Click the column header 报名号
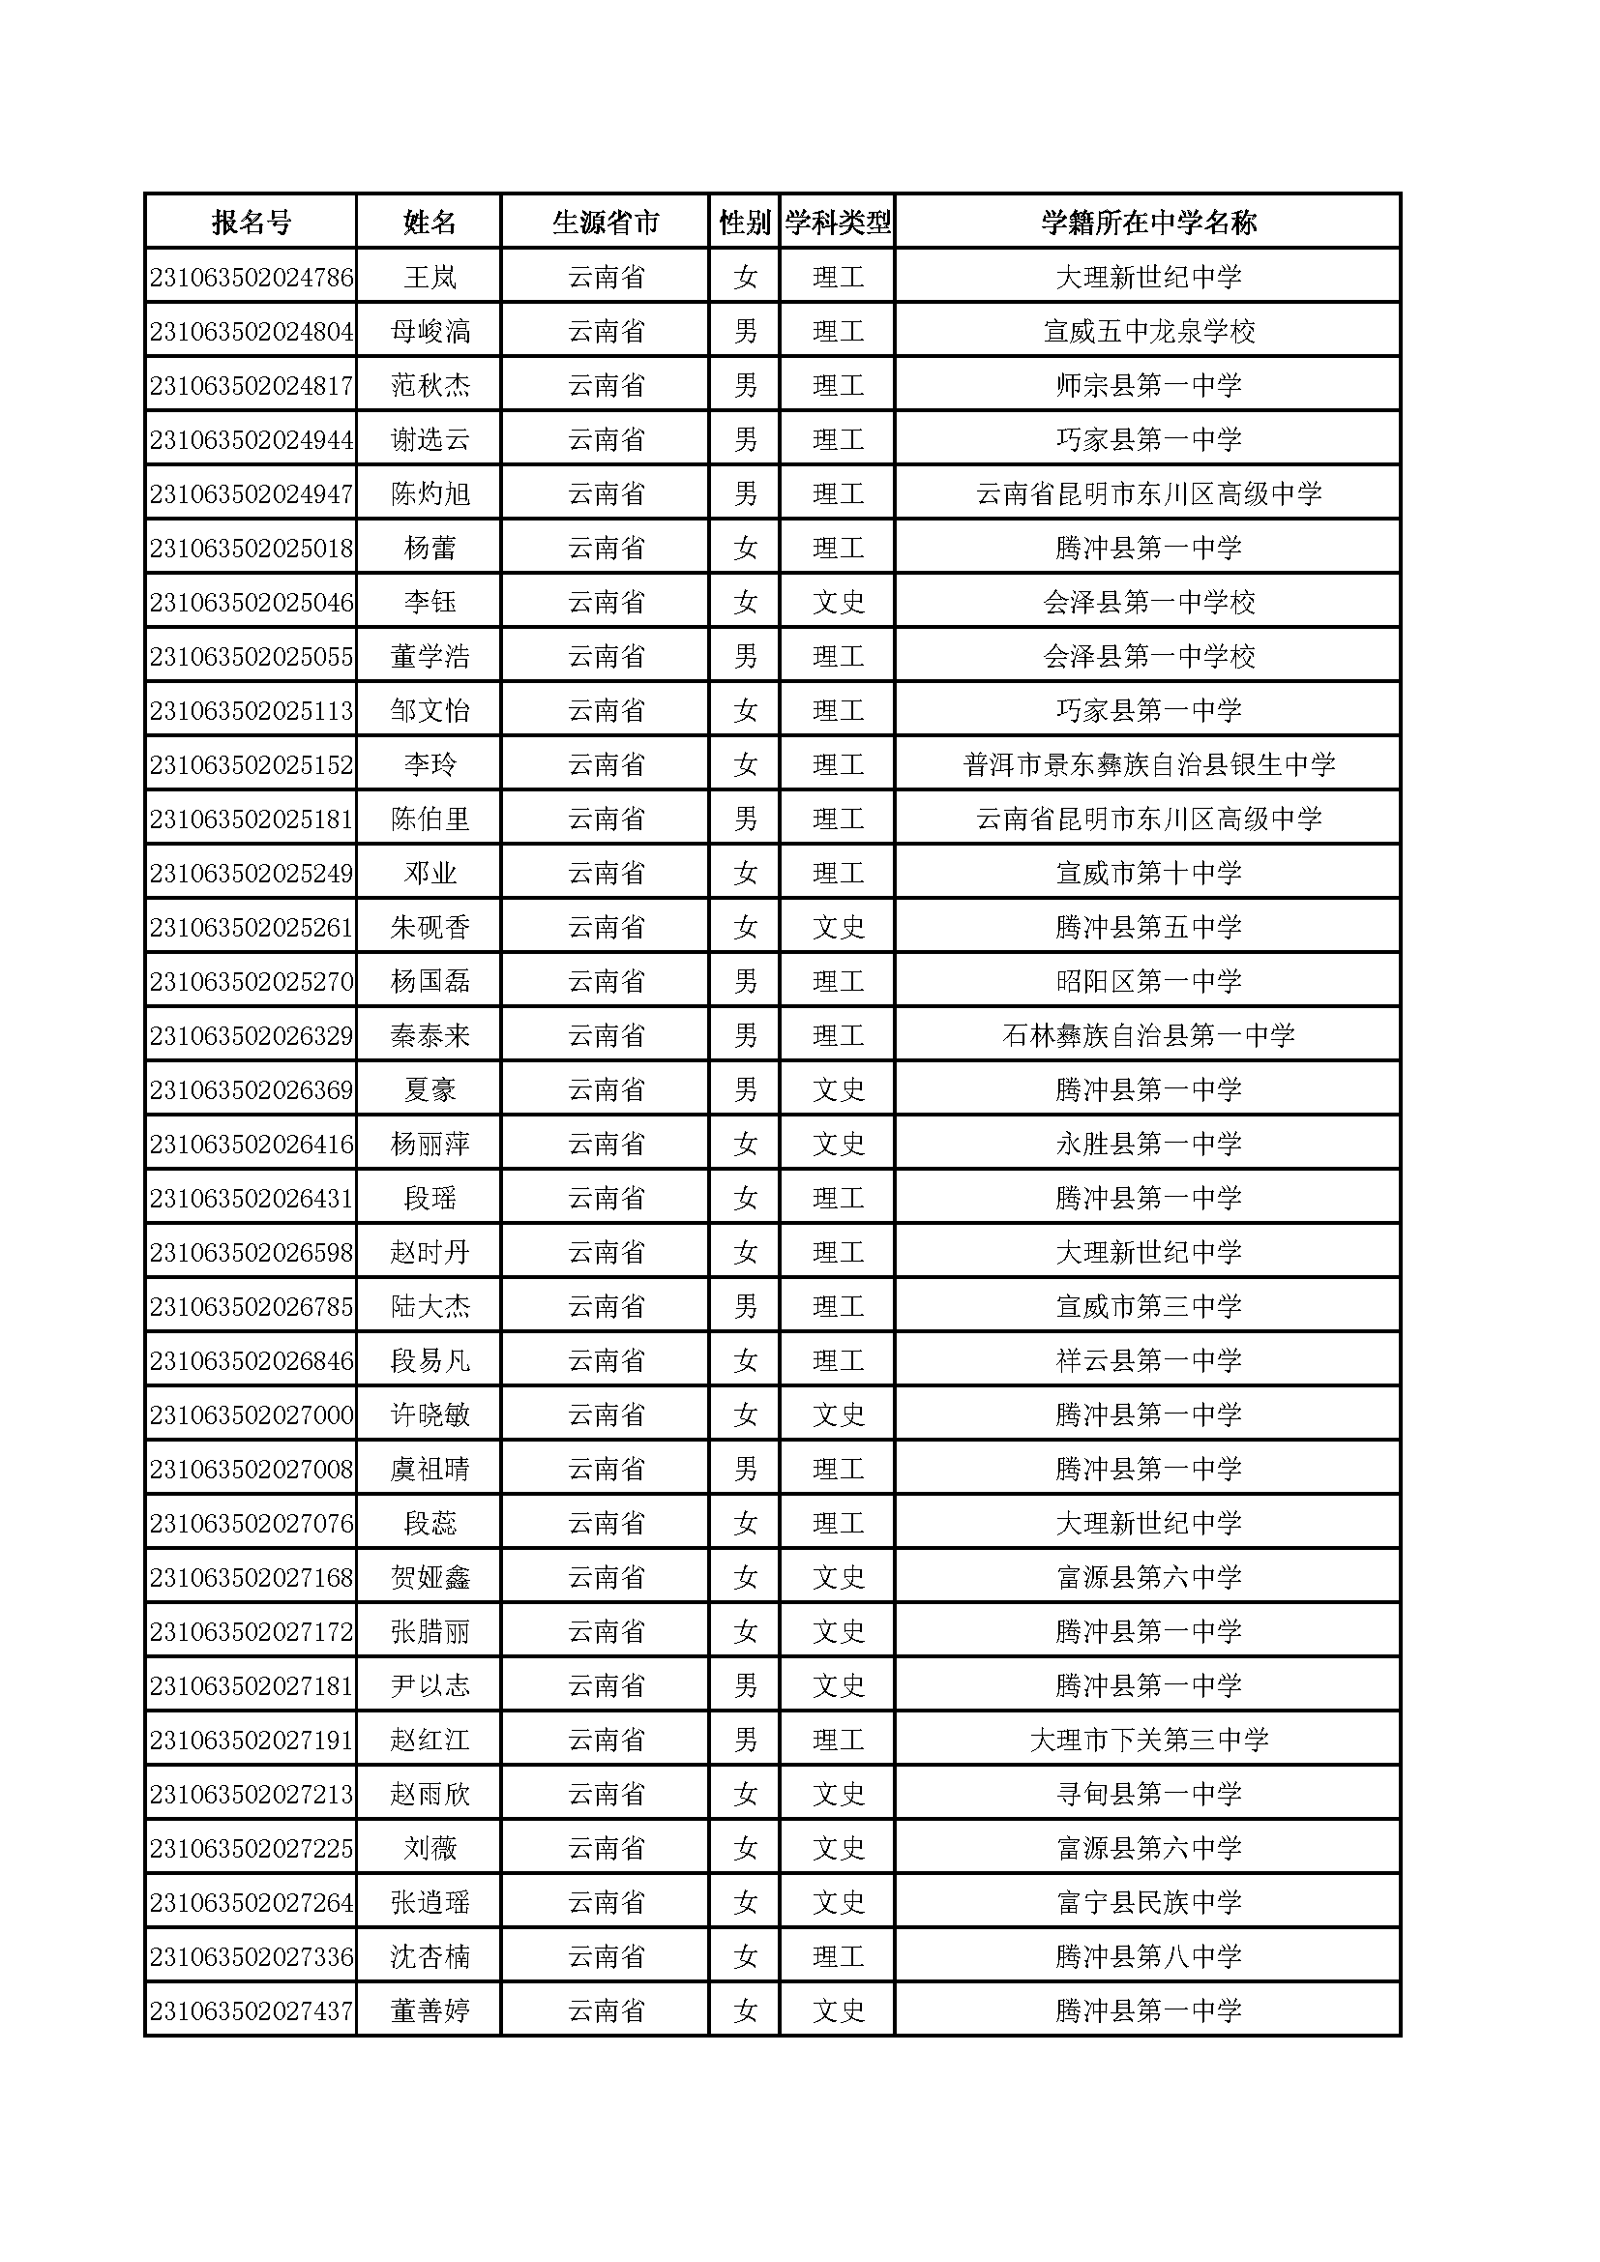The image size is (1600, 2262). (252, 222)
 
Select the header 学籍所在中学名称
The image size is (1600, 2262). (1148, 222)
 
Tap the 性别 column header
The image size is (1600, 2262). (744, 222)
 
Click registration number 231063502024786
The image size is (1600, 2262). (252, 277)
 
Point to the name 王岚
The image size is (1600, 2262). (430, 277)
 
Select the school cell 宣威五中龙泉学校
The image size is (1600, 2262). (1148, 331)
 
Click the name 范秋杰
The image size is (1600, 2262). (430, 385)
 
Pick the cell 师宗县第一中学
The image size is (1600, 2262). (1148, 385)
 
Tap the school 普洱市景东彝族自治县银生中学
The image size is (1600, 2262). (1148, 764)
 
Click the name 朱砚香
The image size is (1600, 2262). (430, 927)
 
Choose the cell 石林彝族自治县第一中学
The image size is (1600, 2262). (1148, 1035)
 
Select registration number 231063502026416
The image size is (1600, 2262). (252, 1144)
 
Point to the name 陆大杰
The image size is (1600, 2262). (430, 1306)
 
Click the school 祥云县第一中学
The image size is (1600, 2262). (1148, 1360)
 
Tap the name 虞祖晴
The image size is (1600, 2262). (430, 1469)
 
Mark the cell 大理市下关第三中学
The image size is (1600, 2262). (1148, 1740)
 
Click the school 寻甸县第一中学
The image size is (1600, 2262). (1148, 1794)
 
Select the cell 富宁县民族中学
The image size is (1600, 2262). (1148, 1902)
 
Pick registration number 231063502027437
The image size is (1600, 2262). (252, 2010)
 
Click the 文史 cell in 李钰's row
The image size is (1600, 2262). (838, 602)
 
